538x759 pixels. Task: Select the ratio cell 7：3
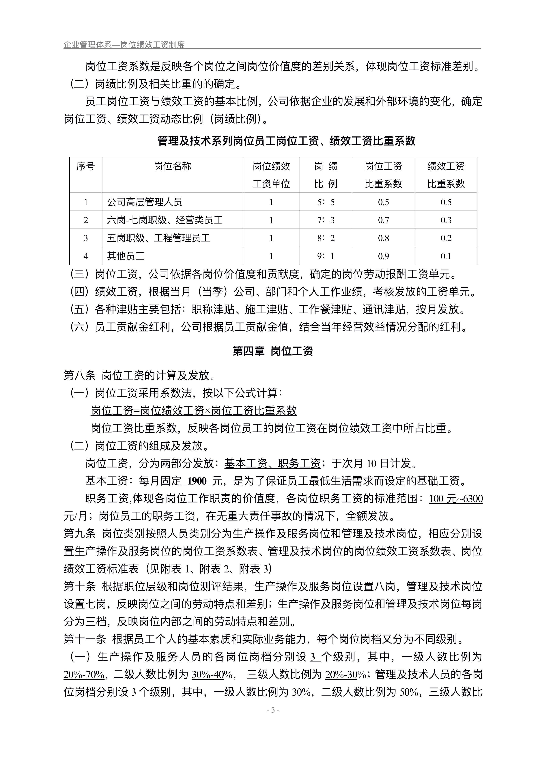326,220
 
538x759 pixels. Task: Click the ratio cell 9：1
326,256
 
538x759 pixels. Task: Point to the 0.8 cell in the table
383,238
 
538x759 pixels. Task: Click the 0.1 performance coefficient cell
446,256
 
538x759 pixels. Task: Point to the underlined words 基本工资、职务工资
272,463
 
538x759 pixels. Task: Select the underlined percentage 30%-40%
212,674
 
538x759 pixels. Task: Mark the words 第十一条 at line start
85,639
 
